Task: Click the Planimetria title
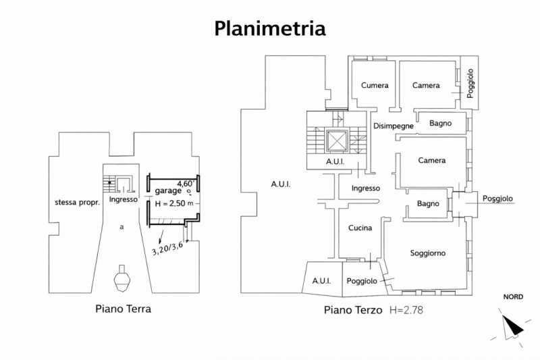(x=270, y=28)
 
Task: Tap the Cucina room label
(x=360, y=228)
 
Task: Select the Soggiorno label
(x=428, y=253)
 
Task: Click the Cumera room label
(x=375, y=86)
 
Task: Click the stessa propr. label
(x=78, y=202)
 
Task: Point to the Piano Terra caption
(x=122, y=309)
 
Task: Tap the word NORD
(x=513, y=297)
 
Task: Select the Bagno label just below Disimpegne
(x=441, y=123)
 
